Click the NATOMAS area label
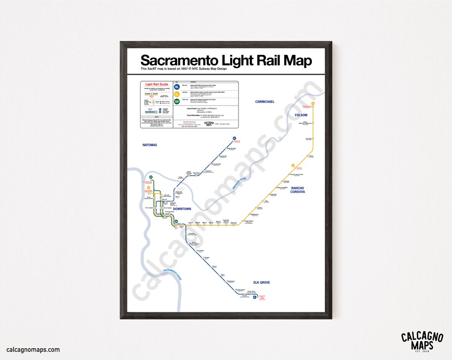point(149,145)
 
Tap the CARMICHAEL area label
point(265,102)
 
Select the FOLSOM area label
point(301,115)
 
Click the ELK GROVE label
point(262,283)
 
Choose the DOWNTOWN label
point(182,209)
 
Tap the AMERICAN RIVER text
point(239,185)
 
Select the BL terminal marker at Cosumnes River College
point(254,297)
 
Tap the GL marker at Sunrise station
point(293,164)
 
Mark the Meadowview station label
point(231,281)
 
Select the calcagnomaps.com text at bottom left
point(33,350)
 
